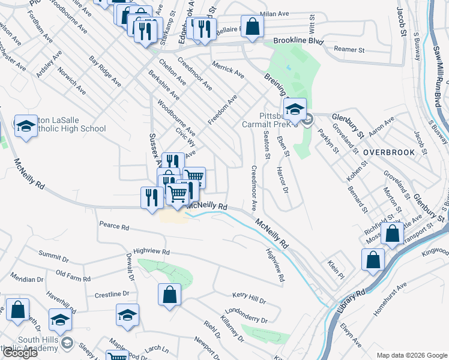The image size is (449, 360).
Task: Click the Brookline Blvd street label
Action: pyautogui.click(x=298, y=41)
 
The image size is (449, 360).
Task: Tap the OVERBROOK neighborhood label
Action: pyautogui.click(x=389, y=152)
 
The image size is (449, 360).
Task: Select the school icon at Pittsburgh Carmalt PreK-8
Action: pyautogui.click(x=295, y=110)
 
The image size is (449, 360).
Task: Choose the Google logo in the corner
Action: pyautogui.click(x=20, y=353)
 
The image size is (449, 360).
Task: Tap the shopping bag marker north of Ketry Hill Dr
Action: pyautogui.click(x=170, y=295)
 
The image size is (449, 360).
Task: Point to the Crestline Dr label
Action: pyautogui.click(x=112, y=295)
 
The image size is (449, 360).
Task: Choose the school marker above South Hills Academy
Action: pyautogui.click(x=60, y=322)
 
